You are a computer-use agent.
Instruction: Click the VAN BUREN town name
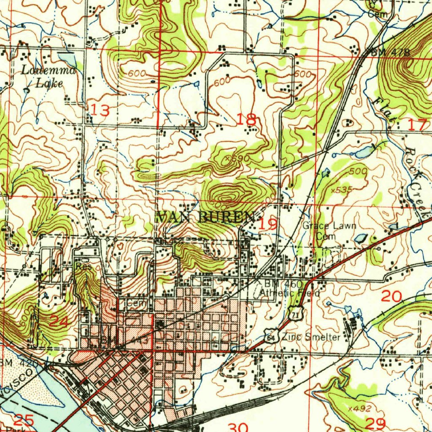(x=206, y=217)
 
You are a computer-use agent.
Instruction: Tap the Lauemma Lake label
(x=49, y=77)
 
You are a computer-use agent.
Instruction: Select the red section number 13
(x=100, y=111)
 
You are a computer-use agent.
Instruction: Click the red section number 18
(x=247, y=120)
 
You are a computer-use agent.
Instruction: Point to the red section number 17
(x=418, y=124)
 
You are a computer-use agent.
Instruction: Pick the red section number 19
(x=268, y=224)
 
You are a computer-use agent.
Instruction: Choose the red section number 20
(x=391, y=297)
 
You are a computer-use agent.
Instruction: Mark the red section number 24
(x=59, y=321)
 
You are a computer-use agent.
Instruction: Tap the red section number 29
(x=375, y=423)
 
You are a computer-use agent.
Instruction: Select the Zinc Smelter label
(x=311, y=337)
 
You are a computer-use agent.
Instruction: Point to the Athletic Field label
(x=289, y=293)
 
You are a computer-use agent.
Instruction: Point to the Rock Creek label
(x=416, y=177)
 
